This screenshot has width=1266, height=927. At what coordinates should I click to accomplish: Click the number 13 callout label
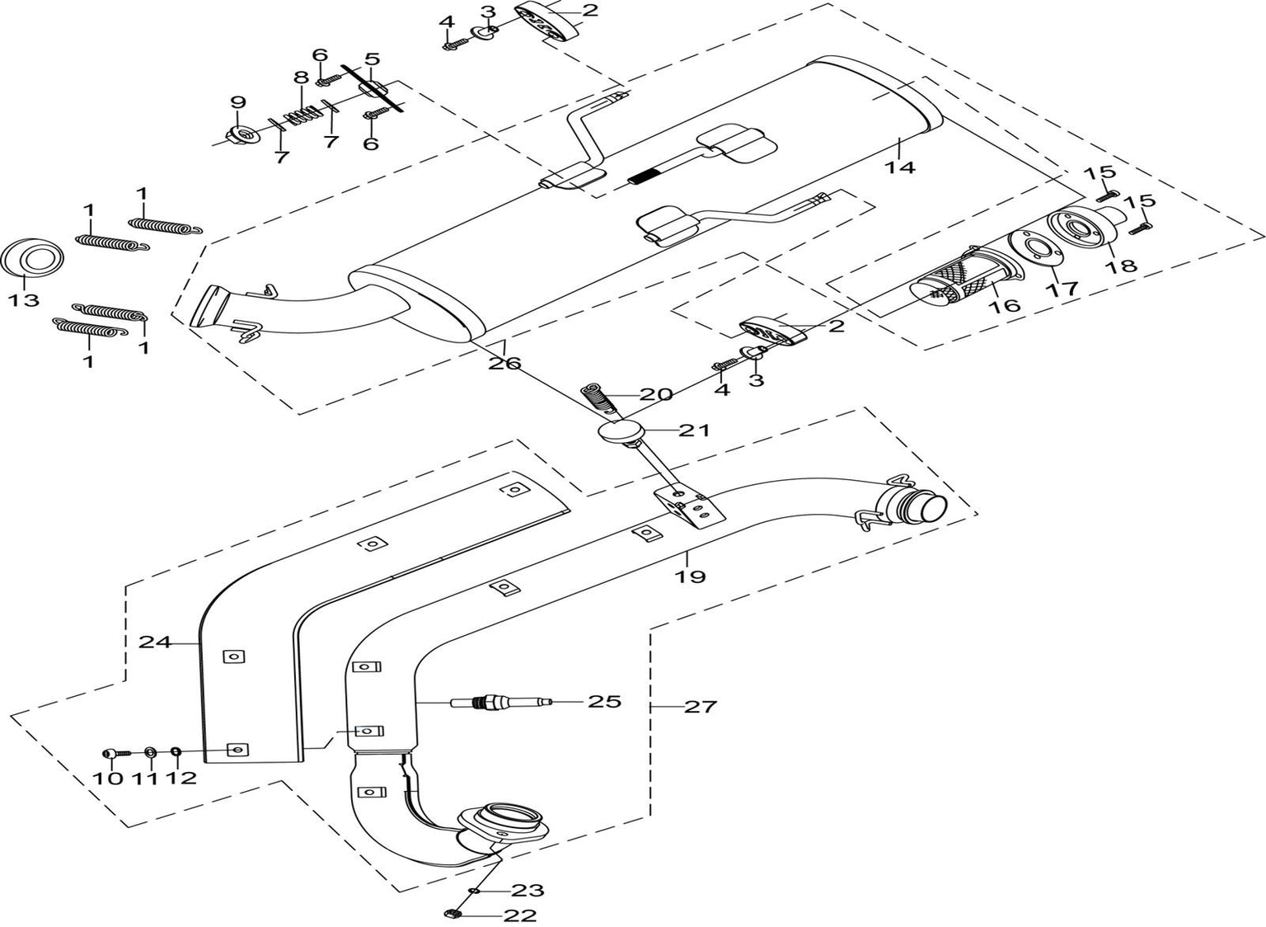click(24, 300)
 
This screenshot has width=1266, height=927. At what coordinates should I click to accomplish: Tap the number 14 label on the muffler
click(900, 167)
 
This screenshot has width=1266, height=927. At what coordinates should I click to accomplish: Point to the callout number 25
click(604, 702)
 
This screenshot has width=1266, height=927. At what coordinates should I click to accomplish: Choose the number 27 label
click(701, 707)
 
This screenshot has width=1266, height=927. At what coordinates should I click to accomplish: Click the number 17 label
click(1062, 289)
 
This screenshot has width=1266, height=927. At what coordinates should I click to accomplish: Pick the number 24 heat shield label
click(154, 642)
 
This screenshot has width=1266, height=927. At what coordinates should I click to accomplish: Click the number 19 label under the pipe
click(691, 576)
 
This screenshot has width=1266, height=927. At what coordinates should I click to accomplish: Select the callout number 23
click(527, 891)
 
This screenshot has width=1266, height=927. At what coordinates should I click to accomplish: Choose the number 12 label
click(183, 777)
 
